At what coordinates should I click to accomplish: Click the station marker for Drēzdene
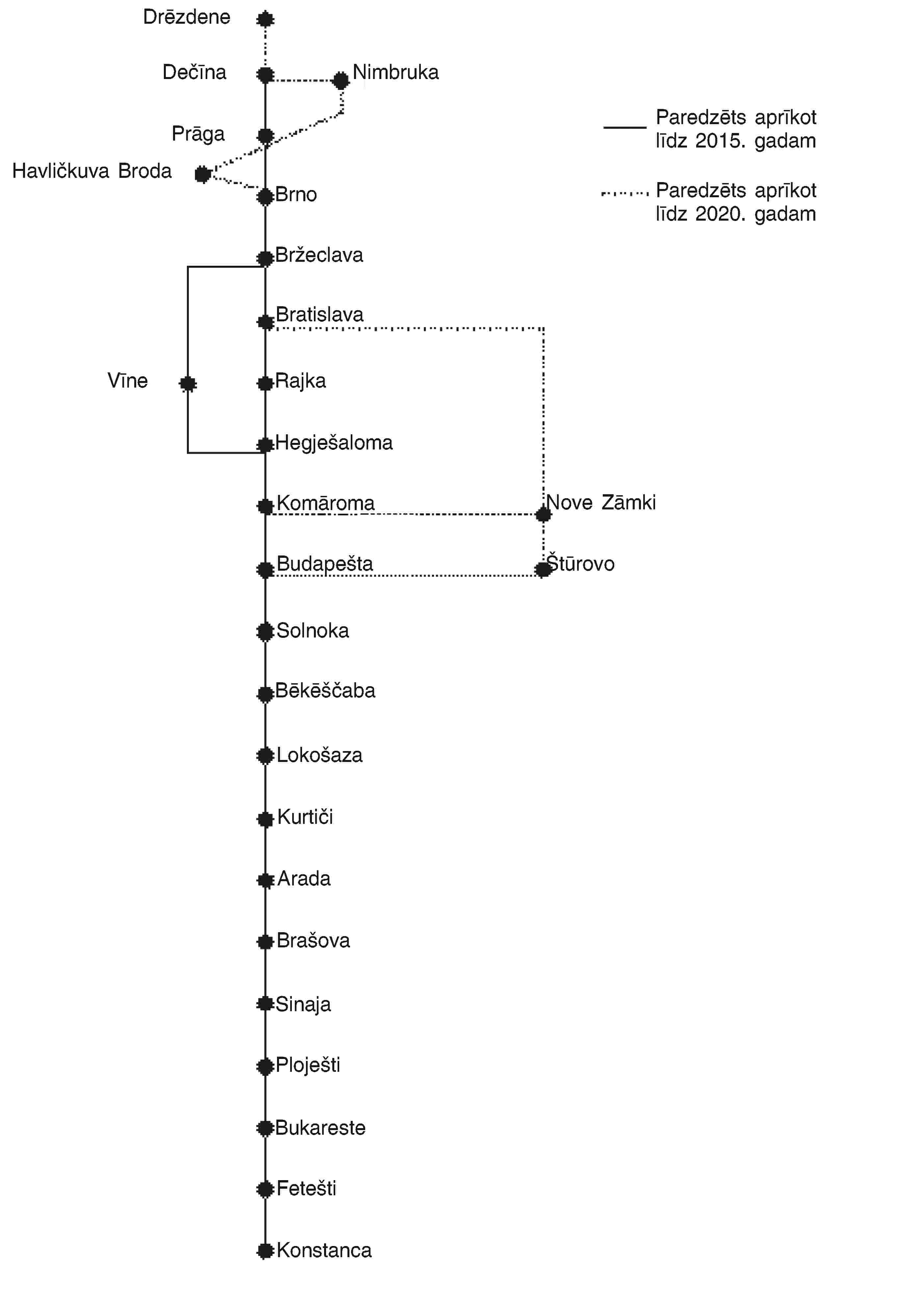coord(265,19)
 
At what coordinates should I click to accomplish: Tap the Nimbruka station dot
coord(341,80)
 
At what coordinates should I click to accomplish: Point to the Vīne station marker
coord(188,384)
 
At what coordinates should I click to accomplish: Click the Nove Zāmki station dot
coord(543,514)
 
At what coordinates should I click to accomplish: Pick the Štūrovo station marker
coord(543,569)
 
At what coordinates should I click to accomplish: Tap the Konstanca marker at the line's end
coord(265,1250)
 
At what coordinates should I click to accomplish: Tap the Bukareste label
coord(320,1128)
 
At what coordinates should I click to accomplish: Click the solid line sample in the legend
coord(625,127)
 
